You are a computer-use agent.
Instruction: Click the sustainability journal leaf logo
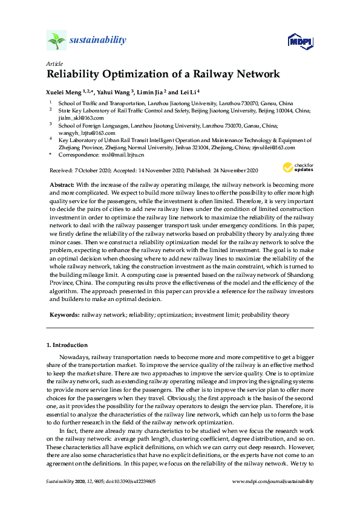[56, 41]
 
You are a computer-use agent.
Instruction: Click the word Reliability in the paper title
[75, 75]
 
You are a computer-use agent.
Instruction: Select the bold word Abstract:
[62, 183]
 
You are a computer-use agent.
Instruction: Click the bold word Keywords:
[63, 315]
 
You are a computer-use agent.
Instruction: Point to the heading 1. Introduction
[67, 345]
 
